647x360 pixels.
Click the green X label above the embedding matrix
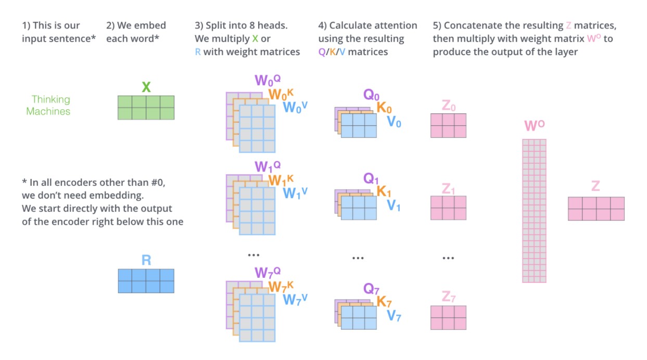(146, 87)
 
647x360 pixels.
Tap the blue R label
(146, 260)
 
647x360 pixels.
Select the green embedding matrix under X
(146, 108)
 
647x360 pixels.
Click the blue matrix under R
(146, 280)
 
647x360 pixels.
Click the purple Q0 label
(372, 95)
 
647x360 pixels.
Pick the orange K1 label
(384, 192)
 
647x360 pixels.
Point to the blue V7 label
(394, 315)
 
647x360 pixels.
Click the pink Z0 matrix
(448, 125)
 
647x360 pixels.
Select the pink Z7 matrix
(448, 317)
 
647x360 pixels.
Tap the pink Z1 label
(448, 188)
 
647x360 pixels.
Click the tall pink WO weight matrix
(534, 210)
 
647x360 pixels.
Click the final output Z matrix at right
(596, 209)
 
